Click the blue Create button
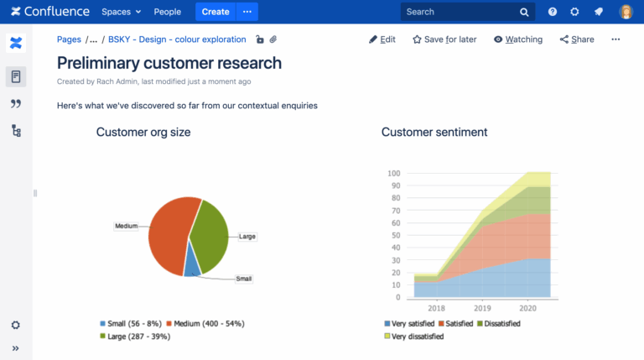point(216,12)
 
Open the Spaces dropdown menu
point(121,12)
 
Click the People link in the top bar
point(167,12)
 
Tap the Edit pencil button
point(382,39)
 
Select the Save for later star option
point(444,39)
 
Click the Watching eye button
point(517,39)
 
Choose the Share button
point(577,39)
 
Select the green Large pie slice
point(210,235)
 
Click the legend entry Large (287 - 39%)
point(136,336)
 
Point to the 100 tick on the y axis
point(393,174)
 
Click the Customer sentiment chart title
point(434,132)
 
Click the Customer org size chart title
point(143,132)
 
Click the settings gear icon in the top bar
point(574,12)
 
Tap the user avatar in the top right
point(626,12)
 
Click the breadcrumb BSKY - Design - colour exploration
point(177,39)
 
